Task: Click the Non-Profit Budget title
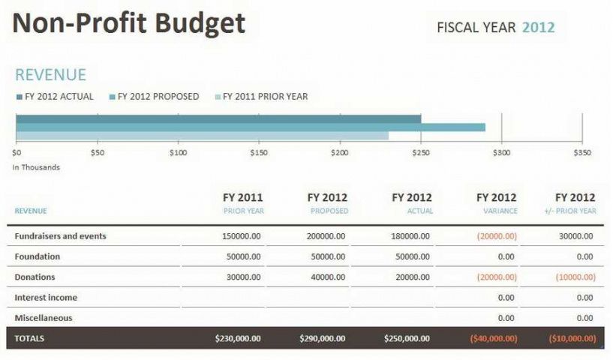(129, 24)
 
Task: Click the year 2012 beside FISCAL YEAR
(538, 28)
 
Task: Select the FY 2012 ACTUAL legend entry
(55, 96)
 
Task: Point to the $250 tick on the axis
(421, 152)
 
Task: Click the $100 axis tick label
(178, 152)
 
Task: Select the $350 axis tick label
(582, 152)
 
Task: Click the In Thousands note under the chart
(36, 167)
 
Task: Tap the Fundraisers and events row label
(60, 236)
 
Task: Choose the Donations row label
(35, 277)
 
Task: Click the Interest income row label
(46, 297)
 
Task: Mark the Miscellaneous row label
(44, 317)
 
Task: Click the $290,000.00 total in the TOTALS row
(323, 338)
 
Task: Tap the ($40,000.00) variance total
(493, 338)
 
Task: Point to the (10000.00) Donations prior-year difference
(576, 277)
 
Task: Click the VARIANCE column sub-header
(500, 211)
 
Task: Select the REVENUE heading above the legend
(50, 75)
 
